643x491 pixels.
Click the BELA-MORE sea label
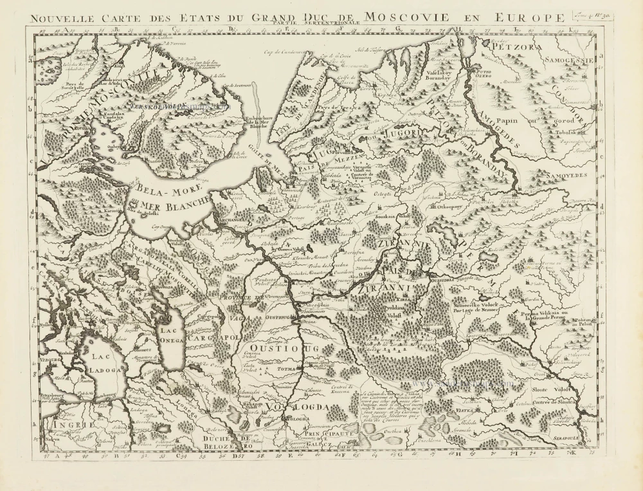pos(158,190)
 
